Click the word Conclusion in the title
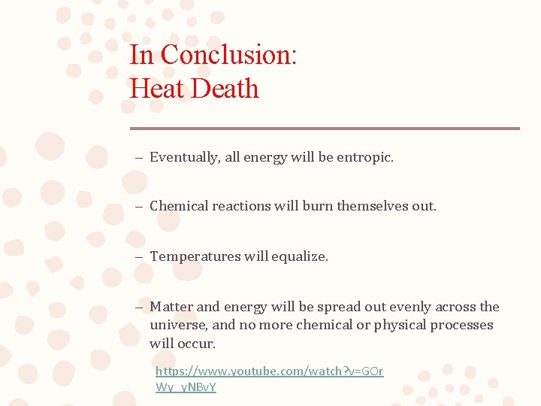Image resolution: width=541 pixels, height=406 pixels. (229, 55)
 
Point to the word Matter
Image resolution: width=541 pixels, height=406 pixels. (171, 307)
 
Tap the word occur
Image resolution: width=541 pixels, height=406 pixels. (197, 344)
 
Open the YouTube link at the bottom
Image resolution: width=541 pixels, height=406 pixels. (269, 371)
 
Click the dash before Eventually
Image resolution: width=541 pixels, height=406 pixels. (140, 158)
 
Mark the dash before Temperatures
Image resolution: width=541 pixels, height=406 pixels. (140, 257)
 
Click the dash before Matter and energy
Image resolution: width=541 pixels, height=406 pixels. (140, 308)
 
